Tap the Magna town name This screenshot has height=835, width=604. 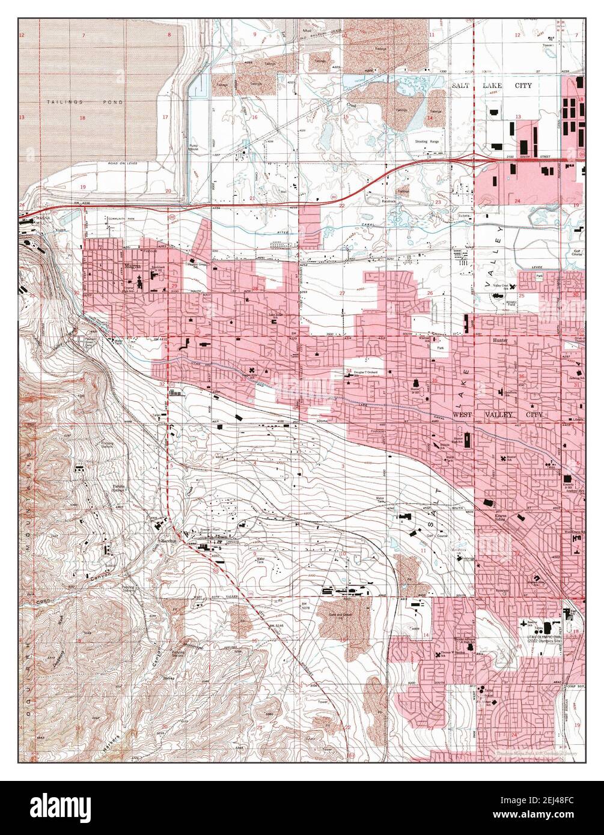click(x=131, y=264)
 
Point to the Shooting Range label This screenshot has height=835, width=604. click(x=427, y=141)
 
